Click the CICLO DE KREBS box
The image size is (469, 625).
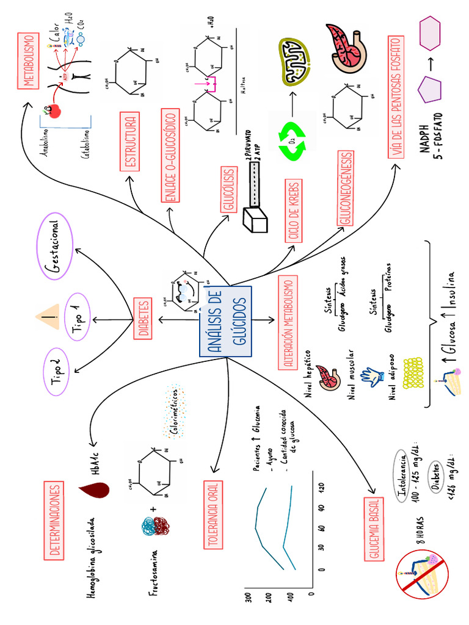(x=292, y=209)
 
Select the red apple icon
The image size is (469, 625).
(x=54, y=110)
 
